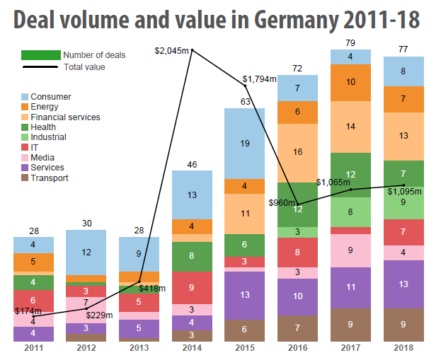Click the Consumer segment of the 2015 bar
tap(245, 144)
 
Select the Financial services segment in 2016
tap(298, 153)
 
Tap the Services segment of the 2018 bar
tap(403, 284)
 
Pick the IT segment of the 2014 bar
tap(192, 287)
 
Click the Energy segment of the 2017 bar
tap(351, 82)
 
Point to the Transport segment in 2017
tap(351, 325)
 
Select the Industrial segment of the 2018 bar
tap(403, 202)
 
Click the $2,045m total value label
tap(173, 50)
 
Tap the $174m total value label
tap(28, 310)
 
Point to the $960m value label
tap(282, 202)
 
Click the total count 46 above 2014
tap(192, 165)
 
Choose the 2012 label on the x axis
tap(86, 348)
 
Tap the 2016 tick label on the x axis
tap(298, 348)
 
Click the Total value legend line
tap(40, 67)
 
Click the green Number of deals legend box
tap(40, 54)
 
